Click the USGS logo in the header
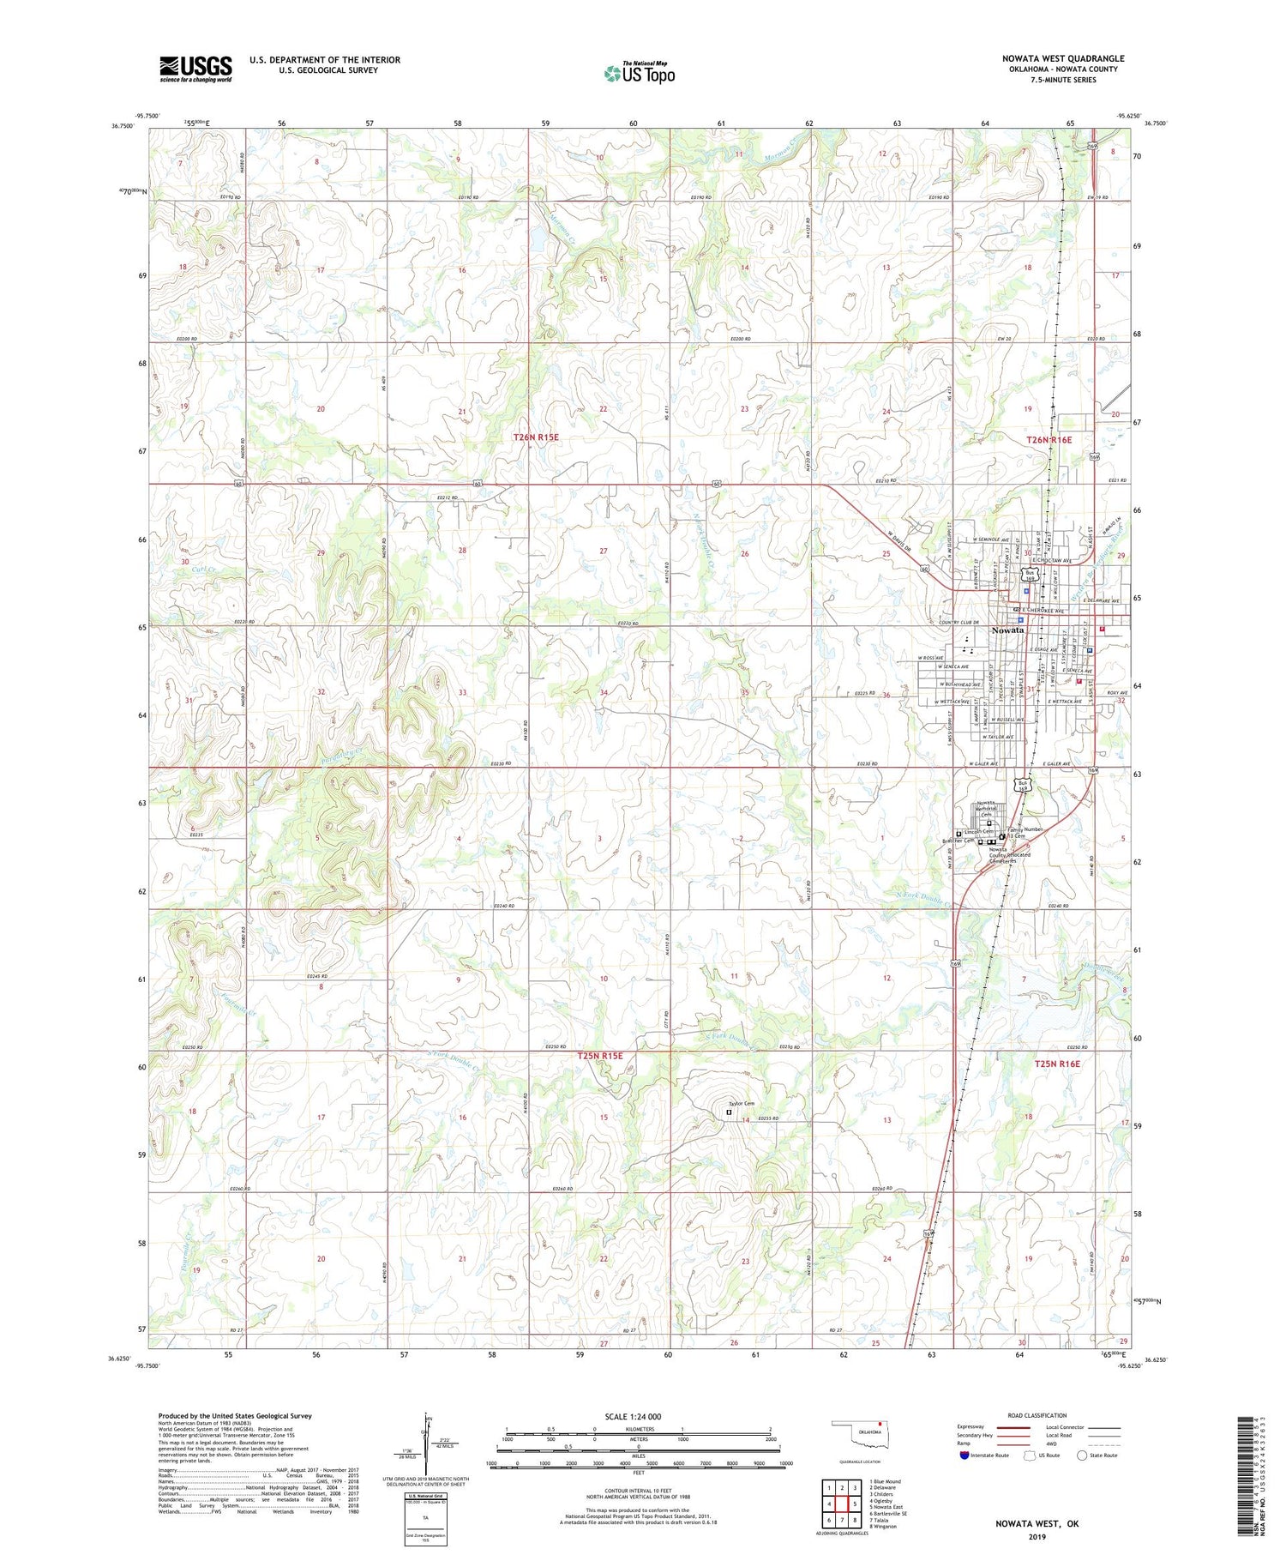195,69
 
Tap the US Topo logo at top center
639,73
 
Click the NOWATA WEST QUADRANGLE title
1062,58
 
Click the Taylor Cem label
741,1103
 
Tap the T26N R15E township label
536,437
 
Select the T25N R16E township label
1057,1064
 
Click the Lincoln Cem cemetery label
978,832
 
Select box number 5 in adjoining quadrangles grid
855,1504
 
